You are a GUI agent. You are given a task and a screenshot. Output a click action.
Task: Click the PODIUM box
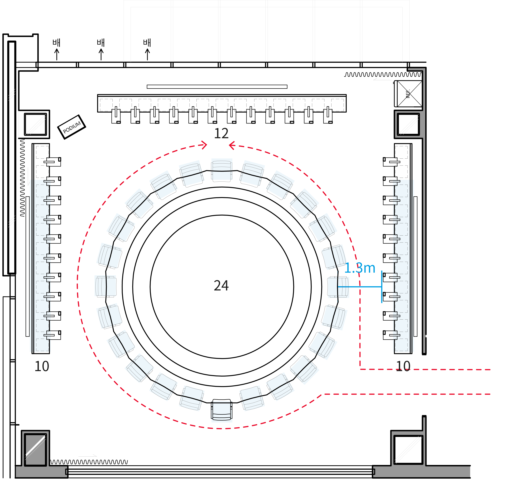[71, 127]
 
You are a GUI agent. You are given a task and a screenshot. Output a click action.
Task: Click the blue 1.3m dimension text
[360, 268]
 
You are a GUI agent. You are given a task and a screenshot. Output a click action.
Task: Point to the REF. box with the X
[408, 94]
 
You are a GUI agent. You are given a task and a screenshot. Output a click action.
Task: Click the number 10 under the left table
[42, 366]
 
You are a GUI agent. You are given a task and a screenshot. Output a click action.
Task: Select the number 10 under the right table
[403, 366]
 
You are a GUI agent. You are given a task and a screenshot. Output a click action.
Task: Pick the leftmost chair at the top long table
[116, 115]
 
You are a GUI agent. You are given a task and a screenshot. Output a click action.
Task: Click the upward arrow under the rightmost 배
[147, 54]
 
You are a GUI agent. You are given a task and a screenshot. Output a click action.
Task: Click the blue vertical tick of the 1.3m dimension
[382, 283]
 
